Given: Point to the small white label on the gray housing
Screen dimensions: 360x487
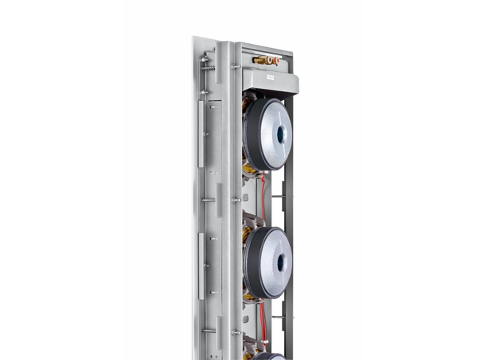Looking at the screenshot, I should click(271, 78).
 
